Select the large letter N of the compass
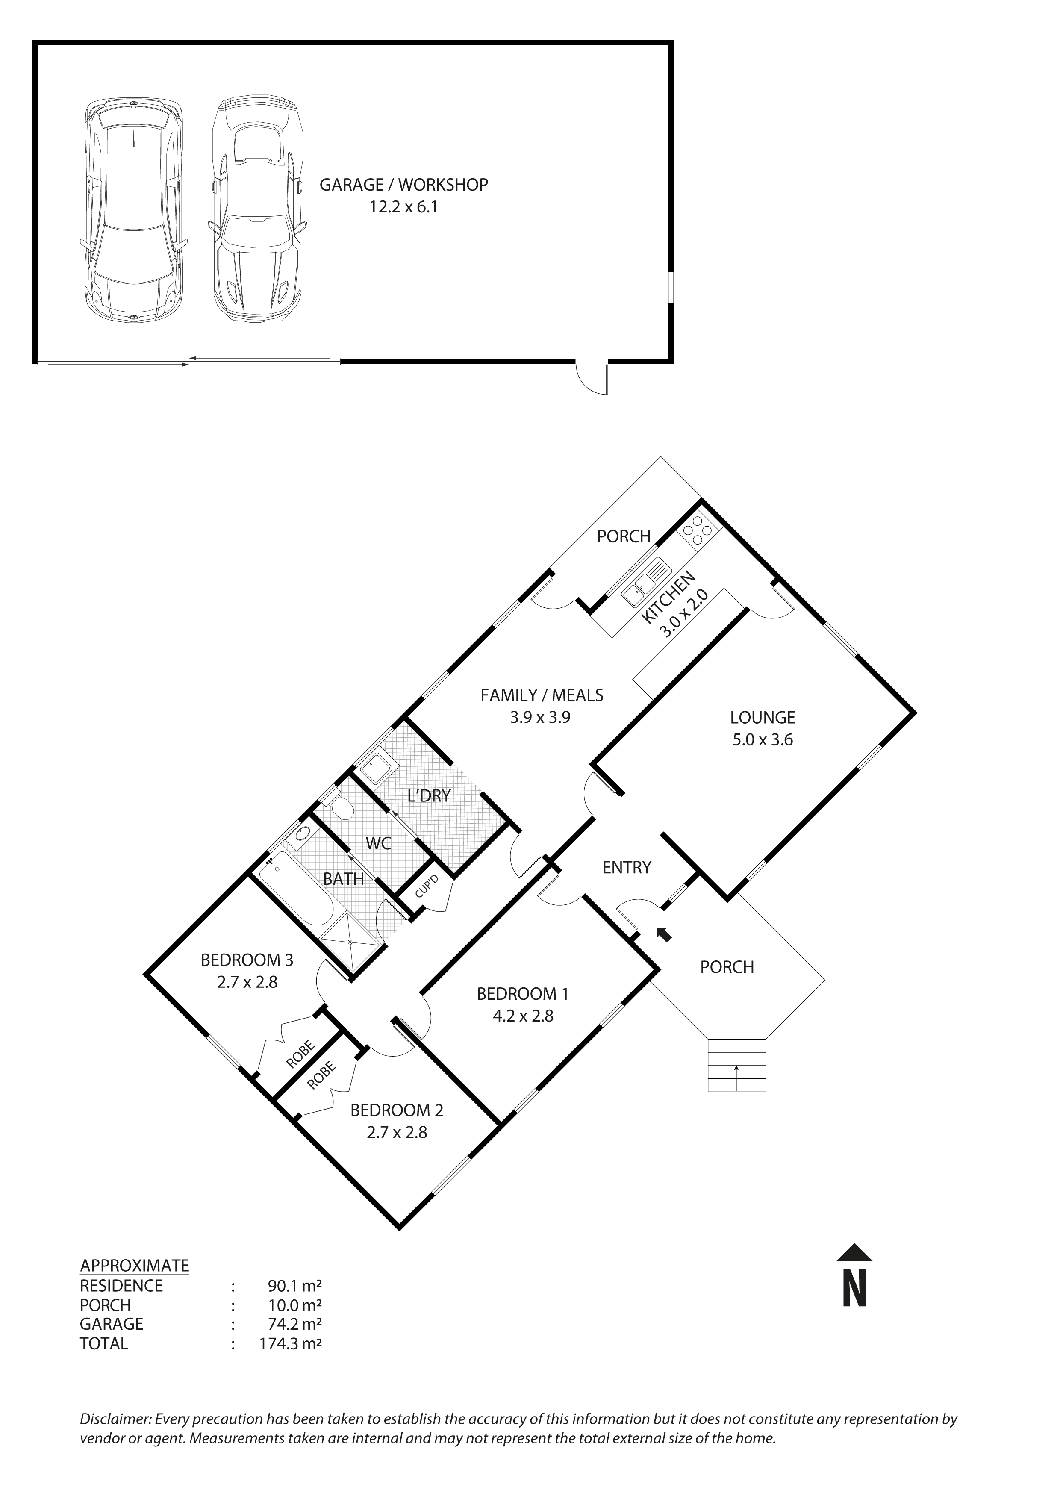(x=854, y=1288)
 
